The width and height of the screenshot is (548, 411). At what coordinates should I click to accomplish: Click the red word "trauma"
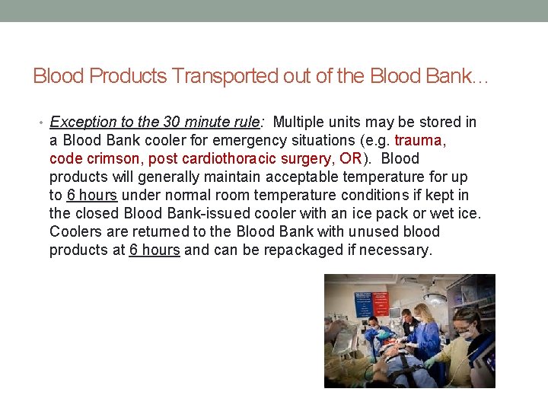(x=418, y=140)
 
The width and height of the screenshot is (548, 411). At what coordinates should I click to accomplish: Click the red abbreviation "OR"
(x=352, y=158)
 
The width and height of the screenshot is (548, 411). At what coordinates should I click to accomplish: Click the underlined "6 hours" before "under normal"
(x=92, y=195)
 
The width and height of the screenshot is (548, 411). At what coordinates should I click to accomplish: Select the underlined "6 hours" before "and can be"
(x=155, y=250)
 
